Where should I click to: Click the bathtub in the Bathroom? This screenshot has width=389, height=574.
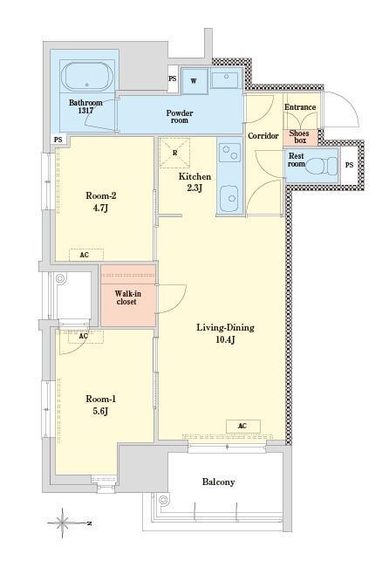87,78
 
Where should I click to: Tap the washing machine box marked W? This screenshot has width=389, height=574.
194,81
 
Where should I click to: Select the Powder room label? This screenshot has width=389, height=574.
180,116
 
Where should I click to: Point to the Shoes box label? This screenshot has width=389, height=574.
299,137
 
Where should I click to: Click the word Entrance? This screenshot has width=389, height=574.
300,107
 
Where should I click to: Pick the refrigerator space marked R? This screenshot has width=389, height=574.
175,153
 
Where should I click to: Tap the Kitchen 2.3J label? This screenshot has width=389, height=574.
194,182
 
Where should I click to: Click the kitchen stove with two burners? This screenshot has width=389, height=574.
229,154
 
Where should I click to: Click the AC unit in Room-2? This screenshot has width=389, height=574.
86,255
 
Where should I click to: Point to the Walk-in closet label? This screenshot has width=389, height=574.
127,297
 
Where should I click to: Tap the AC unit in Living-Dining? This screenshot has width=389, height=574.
243,426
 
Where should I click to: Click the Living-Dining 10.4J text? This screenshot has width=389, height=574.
225,333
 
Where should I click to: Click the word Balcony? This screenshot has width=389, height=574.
218,482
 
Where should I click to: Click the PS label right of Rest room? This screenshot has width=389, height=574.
350,165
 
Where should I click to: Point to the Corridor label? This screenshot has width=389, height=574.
263,136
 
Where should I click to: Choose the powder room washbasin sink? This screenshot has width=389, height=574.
225,79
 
